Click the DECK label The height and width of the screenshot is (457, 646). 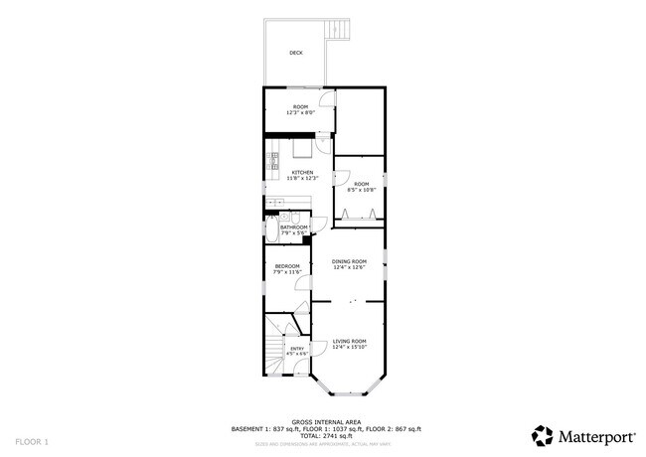tap(296, 53)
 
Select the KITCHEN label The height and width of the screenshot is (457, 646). tap(302, 172)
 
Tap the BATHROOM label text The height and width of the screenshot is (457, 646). tap(295, 228)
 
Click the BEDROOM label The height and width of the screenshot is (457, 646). tap(287, 265)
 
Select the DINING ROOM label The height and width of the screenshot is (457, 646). tap(349, 261)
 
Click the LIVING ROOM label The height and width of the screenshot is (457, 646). tap(349, 341)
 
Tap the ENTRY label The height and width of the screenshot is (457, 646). tap(296, 348)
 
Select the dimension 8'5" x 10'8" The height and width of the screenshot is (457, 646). tap(362, 190)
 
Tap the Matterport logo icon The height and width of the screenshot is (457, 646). tap(542, 434)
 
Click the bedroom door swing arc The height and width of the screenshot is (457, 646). tap(304, 285)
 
